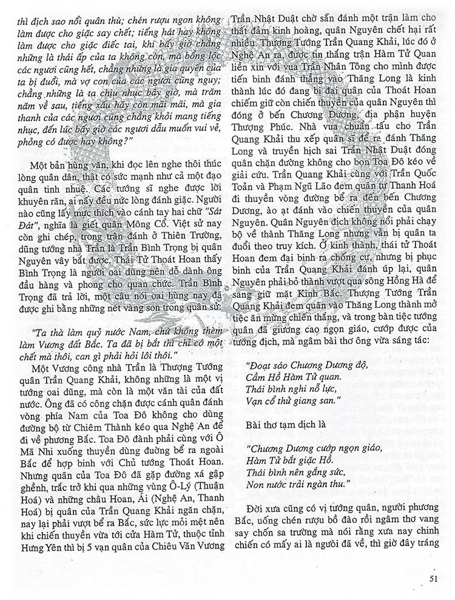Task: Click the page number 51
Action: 433,578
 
